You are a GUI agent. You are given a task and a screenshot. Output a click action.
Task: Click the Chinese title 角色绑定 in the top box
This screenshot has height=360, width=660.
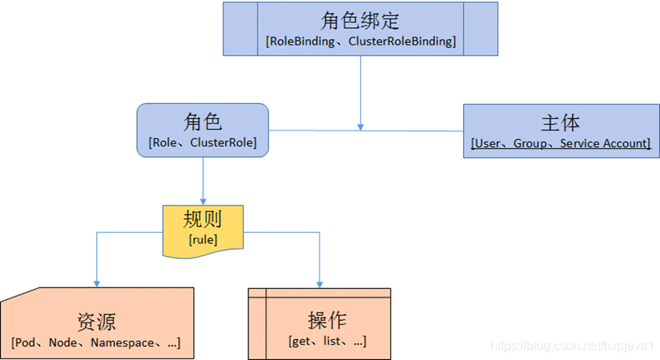360,20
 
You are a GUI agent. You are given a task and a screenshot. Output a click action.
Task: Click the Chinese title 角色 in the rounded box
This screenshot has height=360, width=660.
203,122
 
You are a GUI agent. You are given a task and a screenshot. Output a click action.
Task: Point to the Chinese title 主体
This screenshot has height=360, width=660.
560,123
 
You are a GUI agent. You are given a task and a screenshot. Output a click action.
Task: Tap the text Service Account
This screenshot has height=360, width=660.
603,144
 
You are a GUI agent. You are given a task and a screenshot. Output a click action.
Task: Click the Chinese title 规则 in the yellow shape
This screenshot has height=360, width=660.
202,219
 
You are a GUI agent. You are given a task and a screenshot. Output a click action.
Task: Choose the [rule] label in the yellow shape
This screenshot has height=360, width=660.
202,240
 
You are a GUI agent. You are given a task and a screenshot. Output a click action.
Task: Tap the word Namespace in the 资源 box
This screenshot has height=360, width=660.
121,343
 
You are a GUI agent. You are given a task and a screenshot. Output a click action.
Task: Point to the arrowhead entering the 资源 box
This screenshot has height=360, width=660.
97,283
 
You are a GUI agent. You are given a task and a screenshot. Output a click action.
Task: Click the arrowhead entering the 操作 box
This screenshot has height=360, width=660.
320,283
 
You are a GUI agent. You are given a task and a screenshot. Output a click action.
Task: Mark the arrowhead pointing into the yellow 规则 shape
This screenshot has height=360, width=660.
203,200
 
